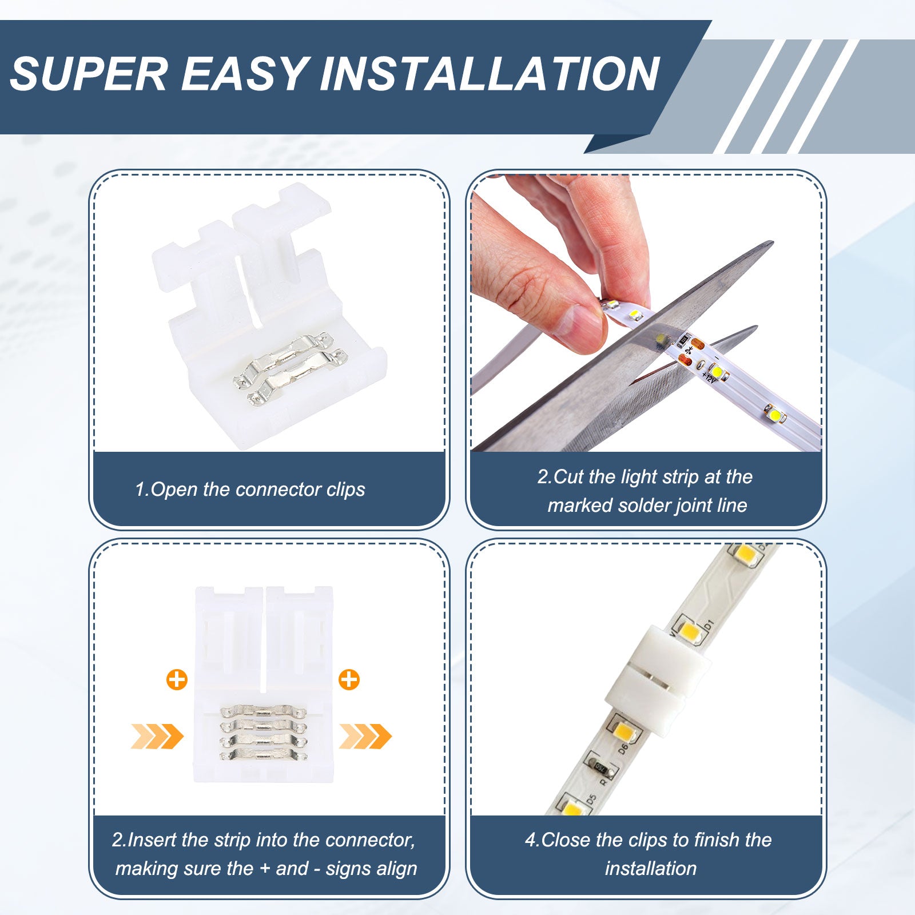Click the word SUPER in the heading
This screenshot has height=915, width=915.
click(x=89, y=74)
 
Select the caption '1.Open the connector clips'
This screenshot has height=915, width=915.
click(x=250, y=490)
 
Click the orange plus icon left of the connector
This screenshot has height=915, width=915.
click(x=177, y=680)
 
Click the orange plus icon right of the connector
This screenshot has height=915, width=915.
click(x=349, y=680)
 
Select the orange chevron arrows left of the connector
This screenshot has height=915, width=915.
click(x=157, y=736)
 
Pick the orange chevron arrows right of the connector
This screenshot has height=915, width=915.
click(x=365, y=736)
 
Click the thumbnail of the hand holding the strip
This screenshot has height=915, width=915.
click(x=646, y=313)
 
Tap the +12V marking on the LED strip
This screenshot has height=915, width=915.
click(x=709, y=377)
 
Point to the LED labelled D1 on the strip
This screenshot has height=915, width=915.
click(x=691, y=631)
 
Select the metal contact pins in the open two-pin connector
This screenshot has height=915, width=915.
click(x=290, y=369)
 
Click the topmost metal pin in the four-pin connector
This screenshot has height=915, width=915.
click(x=263, y=713)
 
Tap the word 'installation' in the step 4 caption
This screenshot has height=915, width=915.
click(x=651, y=868)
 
